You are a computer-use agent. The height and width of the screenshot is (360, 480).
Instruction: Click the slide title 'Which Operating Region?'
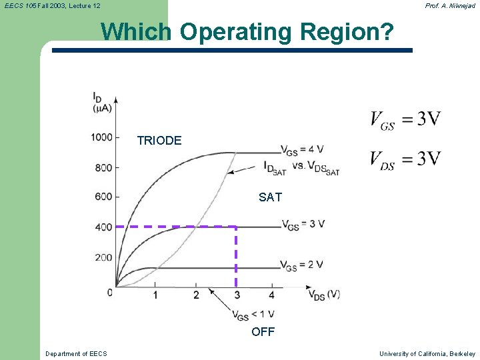tap(247, 32)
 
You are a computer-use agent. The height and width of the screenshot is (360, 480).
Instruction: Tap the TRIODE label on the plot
tap(159, 141)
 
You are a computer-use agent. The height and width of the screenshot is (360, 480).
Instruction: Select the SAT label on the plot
tap(270, 197)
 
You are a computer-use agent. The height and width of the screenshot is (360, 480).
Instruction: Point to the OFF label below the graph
tap(263, 332)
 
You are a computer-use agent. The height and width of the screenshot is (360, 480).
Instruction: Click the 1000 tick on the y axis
tap(102, 137)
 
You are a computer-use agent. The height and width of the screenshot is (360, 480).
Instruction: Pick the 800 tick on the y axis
tap(103, 167)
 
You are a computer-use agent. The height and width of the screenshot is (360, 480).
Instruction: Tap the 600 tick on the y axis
tap(103, 197)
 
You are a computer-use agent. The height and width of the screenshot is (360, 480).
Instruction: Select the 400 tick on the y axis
tap(103, 227)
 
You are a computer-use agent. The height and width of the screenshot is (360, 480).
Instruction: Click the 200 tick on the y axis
tap(103, 257)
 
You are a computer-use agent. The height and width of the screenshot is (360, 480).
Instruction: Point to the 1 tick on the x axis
tap(155, 295)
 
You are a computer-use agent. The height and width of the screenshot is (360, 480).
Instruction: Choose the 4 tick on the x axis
tap(272, 295)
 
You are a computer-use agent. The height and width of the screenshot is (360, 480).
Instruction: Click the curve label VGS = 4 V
tap(302, 149)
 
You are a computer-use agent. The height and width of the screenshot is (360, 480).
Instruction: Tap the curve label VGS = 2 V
tap(302, 265)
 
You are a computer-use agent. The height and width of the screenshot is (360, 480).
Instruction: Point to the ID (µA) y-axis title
tap(102, 103)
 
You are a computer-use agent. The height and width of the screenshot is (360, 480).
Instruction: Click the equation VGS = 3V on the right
tap(405, 120)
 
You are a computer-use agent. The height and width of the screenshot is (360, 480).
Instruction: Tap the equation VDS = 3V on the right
tap(405, 159)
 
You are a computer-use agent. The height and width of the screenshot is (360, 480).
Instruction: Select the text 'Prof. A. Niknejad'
tap(450, 5)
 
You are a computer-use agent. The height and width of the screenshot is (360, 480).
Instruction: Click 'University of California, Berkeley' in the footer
tap(427, 353)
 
